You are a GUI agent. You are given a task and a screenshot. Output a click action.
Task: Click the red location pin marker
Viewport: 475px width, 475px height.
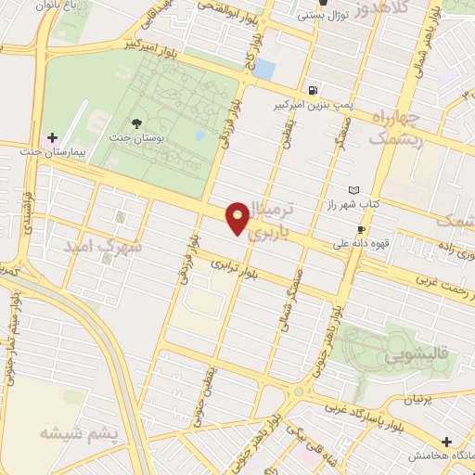[238, 217]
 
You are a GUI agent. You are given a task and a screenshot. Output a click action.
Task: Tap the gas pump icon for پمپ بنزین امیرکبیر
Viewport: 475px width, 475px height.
[312, 91]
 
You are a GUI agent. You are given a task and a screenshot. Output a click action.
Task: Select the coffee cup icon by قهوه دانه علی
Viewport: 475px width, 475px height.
[361, 229]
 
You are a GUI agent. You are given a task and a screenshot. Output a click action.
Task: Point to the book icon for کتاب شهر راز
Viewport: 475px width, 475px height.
[353, 189]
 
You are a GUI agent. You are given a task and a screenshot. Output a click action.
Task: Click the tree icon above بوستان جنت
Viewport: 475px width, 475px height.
[137, 123]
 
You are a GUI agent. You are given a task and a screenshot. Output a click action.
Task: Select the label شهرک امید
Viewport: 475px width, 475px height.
[102, 248]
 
